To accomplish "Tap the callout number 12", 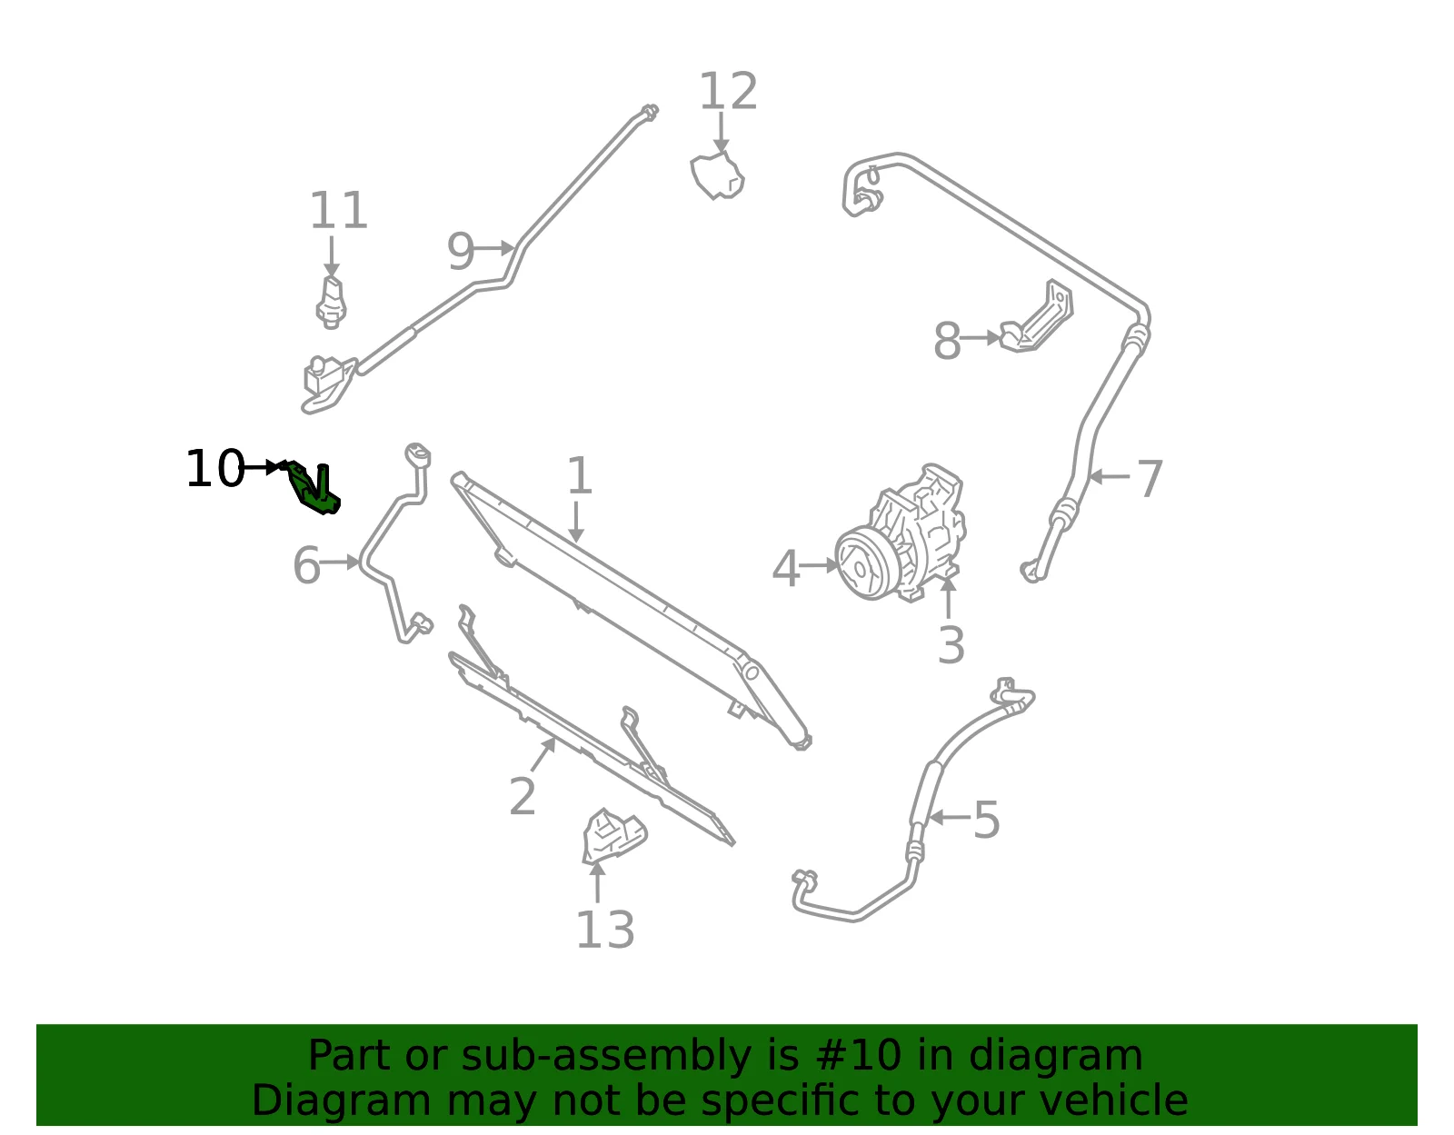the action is [728, 91].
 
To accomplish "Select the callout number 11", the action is [339, 211].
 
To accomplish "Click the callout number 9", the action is [461, 252].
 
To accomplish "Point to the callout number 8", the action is [947, 341].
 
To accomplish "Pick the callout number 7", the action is [1150, 479].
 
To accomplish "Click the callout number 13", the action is [605, 931].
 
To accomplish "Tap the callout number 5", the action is [986, 820].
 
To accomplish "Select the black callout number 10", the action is [214, 468].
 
